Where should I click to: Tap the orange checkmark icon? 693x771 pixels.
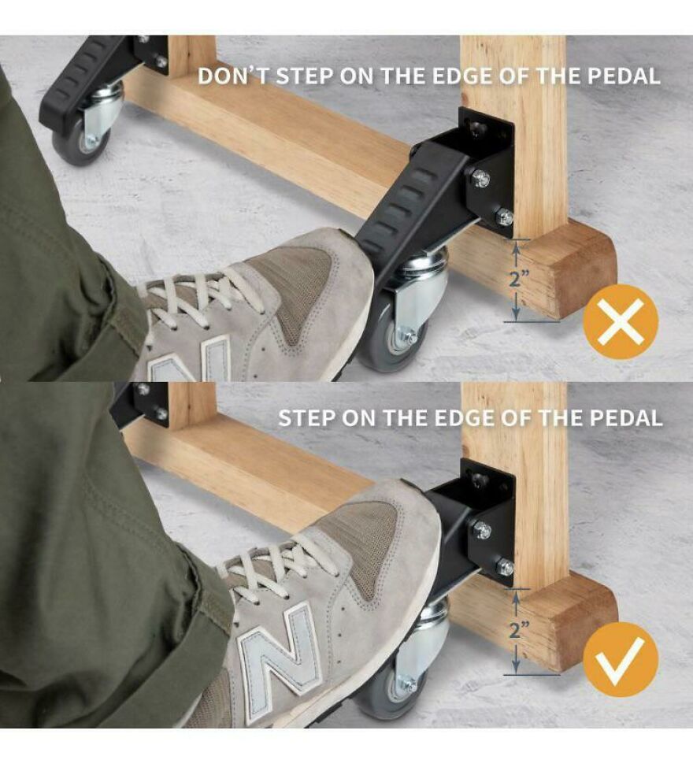[620, 658]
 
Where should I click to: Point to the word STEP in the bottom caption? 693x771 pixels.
[309, 417]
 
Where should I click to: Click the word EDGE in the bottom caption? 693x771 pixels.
[452, 417]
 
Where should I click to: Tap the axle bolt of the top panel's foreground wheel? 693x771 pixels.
[409, 338]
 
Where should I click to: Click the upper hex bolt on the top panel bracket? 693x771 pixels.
[480, 179]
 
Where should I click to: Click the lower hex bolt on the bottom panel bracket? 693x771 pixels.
[504, 567]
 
